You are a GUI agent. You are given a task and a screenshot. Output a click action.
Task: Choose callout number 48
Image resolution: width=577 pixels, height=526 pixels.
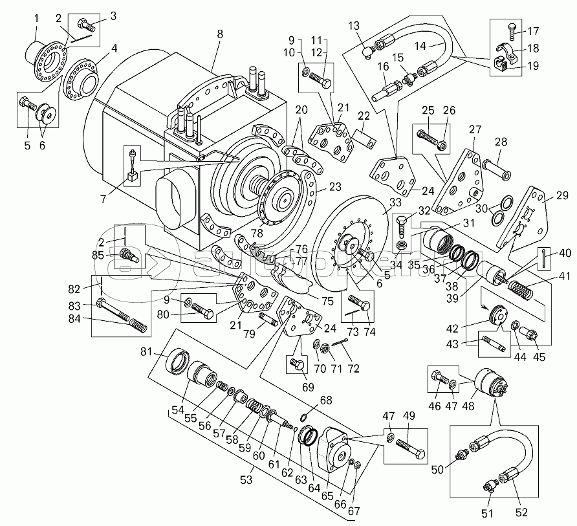(468, 406)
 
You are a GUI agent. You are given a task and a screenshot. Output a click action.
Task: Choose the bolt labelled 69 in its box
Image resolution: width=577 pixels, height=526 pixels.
(299, 365)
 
